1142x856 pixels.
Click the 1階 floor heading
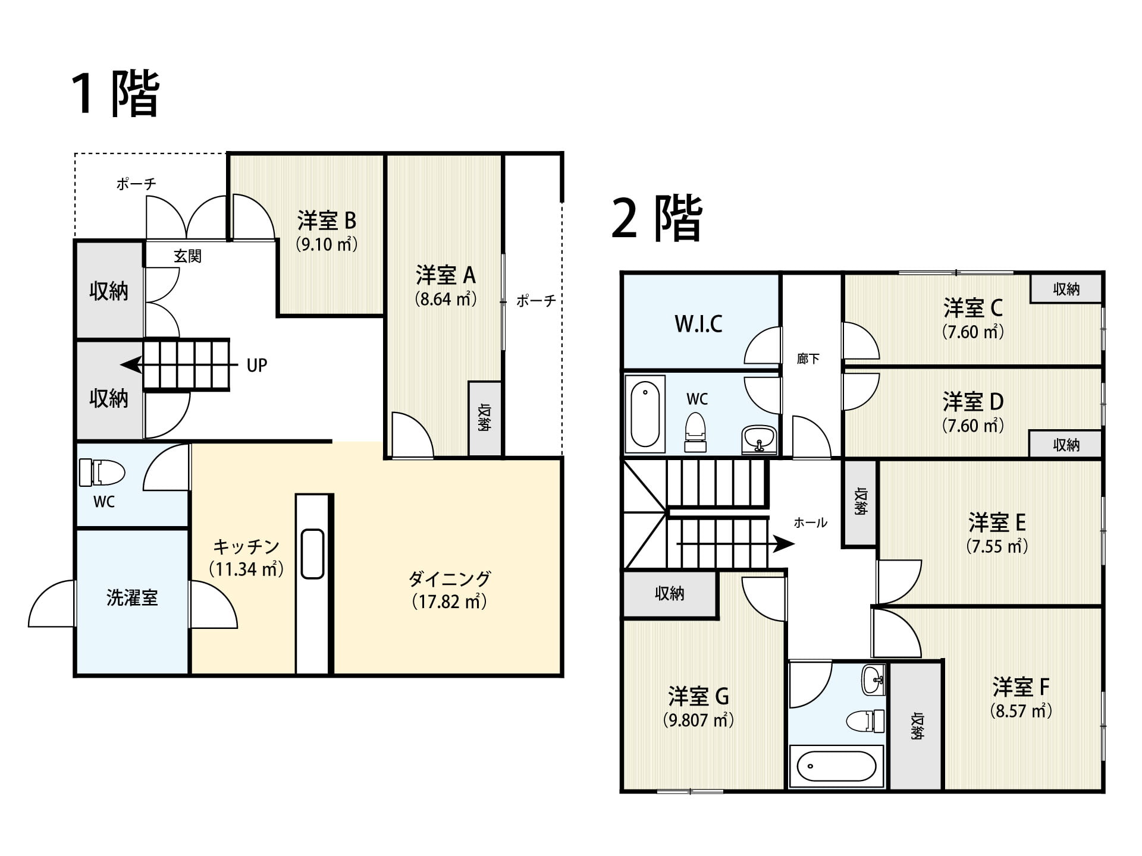point(115,93)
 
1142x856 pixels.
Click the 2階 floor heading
point(657,218)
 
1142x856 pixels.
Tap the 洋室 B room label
point(327,221)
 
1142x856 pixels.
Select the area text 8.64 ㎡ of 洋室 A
point(445,298)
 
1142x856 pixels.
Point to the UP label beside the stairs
point(257,365)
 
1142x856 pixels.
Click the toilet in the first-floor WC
point(102,472)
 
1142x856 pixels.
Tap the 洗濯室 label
point(132,597)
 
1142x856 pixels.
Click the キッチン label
point(246,546)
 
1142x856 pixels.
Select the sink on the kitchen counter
point(312,553)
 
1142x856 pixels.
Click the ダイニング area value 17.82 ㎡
point(450,602)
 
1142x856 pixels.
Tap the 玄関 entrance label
point(187,256)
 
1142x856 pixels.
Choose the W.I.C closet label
point(698,324)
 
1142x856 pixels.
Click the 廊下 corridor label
point(808,358)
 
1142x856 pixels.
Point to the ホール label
point(811,523)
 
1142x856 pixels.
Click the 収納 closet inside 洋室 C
point(1066,289)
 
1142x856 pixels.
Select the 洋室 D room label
point(973,402)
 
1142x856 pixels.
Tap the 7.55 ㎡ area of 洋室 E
point(997,546)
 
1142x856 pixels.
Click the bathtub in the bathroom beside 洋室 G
point(836,766)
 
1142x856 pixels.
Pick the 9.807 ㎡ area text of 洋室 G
point(698,720)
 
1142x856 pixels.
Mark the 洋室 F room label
point(1021,687)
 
